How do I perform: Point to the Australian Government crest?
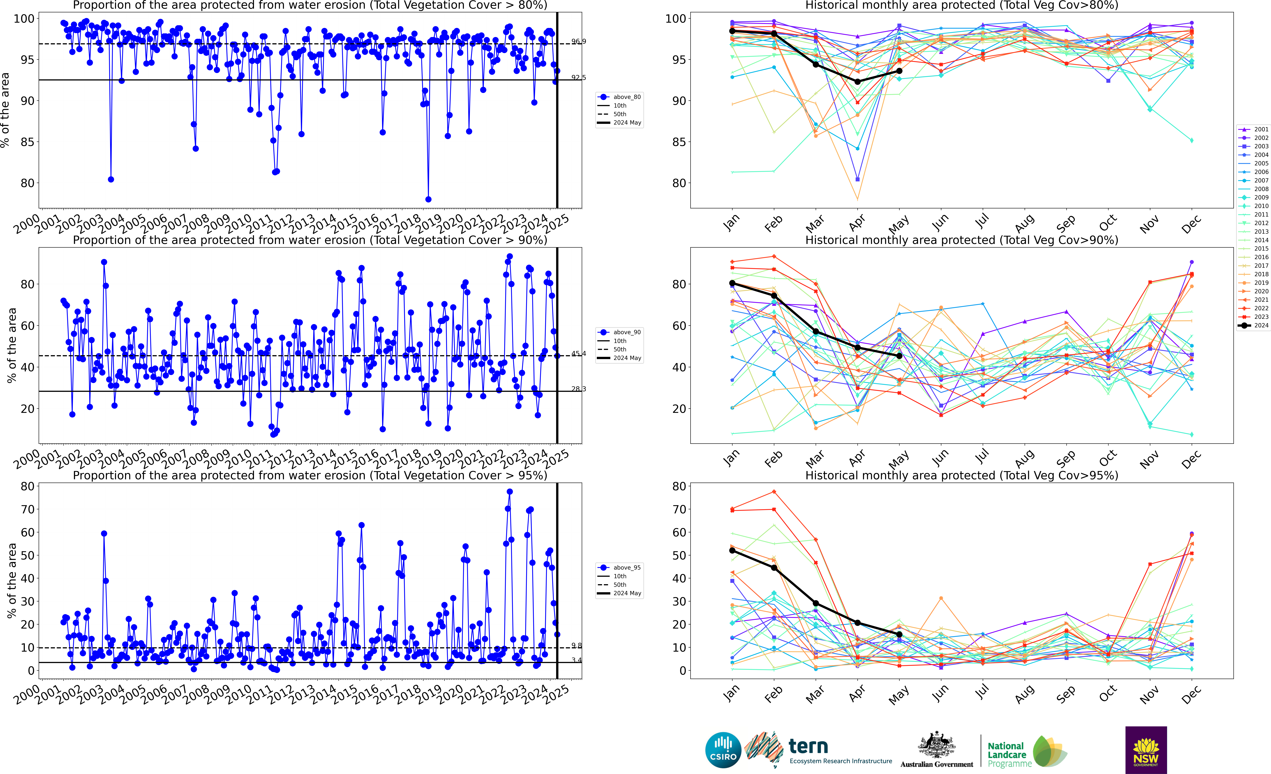click(936, 746)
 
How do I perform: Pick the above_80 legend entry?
click(619, 97)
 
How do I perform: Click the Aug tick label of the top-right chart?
click(1024, 223)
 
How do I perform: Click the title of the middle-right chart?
click(962, 240)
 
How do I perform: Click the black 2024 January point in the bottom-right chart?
click(732, 551)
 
